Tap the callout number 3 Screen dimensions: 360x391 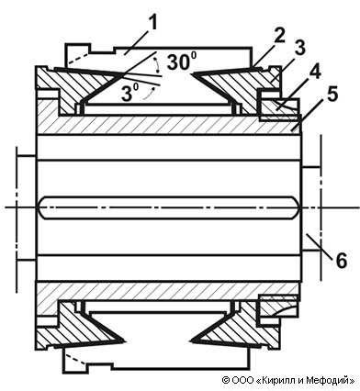coord(300,49)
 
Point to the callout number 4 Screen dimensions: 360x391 coord(315,73)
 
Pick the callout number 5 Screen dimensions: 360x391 coord(332,94)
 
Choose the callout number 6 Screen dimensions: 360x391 coord(342,261)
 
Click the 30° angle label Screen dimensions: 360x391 coord(183,62)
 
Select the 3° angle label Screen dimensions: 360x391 coord(129,93)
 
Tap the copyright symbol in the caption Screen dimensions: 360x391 coord(225,380)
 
